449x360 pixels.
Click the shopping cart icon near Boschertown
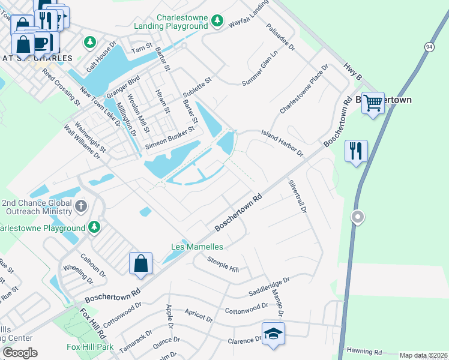pos(373,103)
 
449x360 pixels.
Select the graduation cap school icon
pos(273,334)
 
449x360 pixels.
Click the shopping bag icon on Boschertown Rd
pos(140,263)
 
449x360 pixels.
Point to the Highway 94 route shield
pos(428,47)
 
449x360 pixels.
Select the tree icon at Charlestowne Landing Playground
pos(217,23)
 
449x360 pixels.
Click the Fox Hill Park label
pos(90,347)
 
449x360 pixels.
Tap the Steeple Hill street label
pos(223,264)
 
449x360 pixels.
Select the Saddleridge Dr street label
pos(269,287)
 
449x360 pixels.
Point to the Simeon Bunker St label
pos(170,138)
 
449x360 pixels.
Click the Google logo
pos(20,353)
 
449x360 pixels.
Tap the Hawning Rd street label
pos(364,352)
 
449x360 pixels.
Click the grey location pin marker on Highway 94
pos(358,217)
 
